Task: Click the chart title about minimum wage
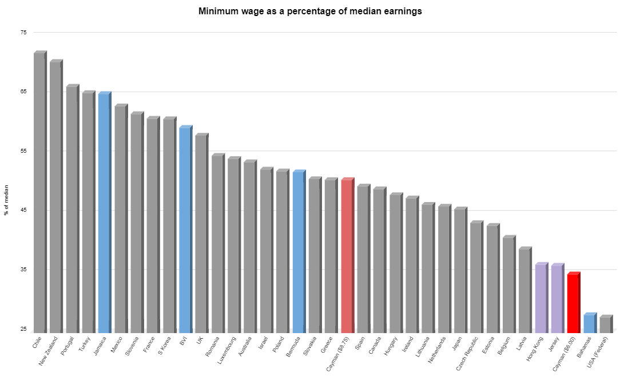point(310,11)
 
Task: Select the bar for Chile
point(39,192)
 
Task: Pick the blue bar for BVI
point(185,229)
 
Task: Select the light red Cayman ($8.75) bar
point(347,255)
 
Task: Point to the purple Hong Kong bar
point(540,298)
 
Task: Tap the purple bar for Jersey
point(557,298)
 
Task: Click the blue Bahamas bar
point(589,323)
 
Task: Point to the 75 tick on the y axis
point(23,33)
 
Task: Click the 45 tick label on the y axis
point(23,210)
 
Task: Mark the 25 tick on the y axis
point(23,329)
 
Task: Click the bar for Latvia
point(524,290)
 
